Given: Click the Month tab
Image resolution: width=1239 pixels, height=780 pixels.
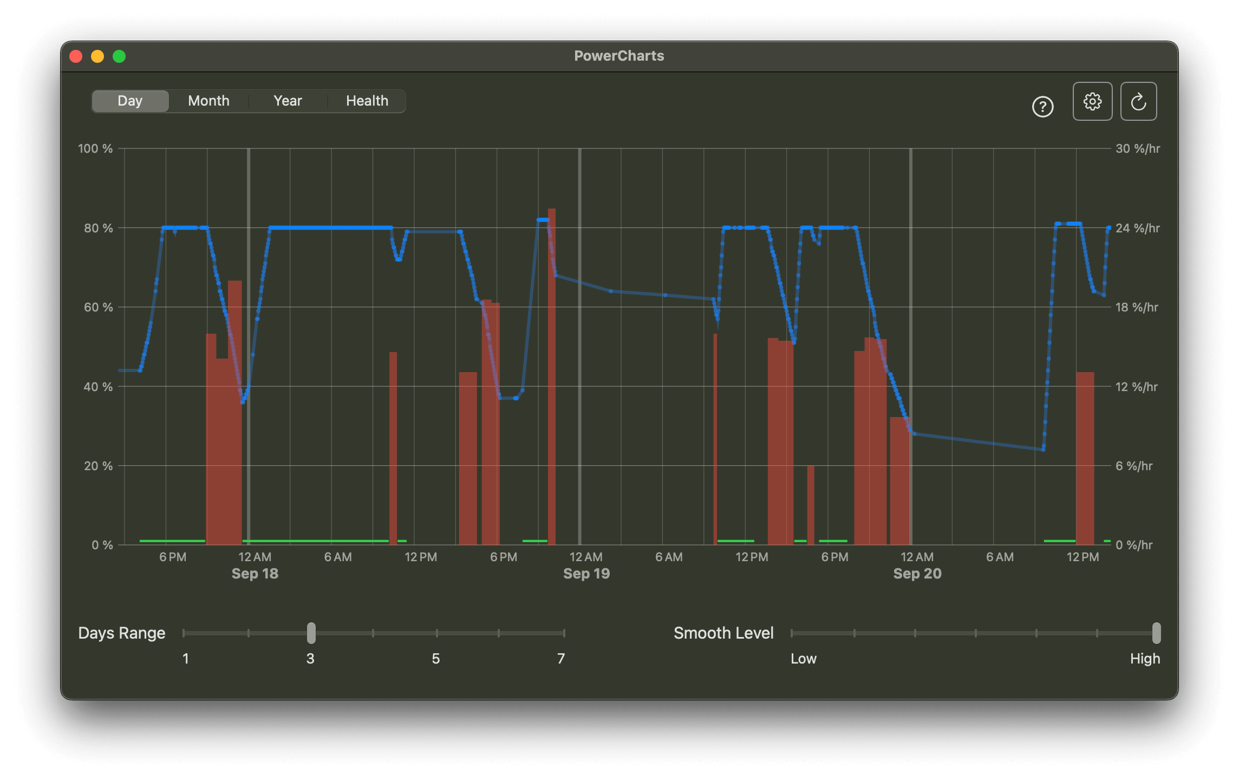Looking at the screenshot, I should tap(208, 101).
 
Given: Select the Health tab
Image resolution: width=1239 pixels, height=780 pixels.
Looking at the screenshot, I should tap(367, 101).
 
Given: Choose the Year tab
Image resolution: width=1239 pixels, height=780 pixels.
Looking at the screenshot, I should tap(288, 101).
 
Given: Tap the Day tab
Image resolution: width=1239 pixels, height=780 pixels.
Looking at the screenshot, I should tap(130, 101).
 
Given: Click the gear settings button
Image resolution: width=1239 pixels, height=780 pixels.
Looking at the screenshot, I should tap(1092, 101).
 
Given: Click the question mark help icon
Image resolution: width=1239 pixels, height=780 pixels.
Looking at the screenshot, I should tap(1042, 107).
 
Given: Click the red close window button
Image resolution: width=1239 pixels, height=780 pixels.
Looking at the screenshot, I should tap(76, 56).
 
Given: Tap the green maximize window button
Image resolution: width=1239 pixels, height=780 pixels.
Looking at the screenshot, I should tap(119, 56).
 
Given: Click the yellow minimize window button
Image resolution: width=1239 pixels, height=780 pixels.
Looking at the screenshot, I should tap(97, 56).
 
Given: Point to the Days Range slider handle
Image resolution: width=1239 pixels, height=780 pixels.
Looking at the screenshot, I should tap(311, 633).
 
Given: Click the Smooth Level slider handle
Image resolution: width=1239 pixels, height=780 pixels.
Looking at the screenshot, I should tap(1156, 633).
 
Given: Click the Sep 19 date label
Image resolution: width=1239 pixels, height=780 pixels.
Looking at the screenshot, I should tap(586, 574).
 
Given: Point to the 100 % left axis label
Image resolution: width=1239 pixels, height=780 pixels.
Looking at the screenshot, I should tap(95, 148).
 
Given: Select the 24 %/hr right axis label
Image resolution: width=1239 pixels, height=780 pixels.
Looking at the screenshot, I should tap(1137, 228).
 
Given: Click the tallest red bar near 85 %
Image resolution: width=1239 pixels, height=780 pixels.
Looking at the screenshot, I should tap(551, 379).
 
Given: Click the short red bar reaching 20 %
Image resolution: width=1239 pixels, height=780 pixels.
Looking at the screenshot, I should tap(811, 504).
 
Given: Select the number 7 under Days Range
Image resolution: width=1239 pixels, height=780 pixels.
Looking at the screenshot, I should tap(561, 659).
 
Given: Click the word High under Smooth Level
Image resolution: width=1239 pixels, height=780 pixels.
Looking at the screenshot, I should tap(1145, 659).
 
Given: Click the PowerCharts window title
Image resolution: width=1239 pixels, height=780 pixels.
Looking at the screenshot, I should tap(619, 56).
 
